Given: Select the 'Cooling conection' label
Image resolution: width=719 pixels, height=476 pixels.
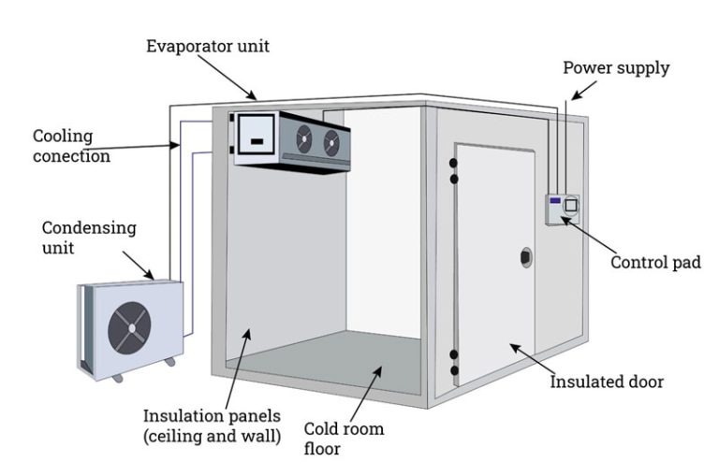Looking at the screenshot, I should click(x=71, y=146).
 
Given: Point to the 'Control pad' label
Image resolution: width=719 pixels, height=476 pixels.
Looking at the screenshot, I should click(x=655, y=263).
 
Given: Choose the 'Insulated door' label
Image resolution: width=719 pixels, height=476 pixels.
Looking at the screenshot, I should click(x=608, y=382).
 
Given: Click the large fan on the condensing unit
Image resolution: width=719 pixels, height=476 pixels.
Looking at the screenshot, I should click(x=129, y=328).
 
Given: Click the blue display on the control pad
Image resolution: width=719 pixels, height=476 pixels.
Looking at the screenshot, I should click(x=555, y=201).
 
